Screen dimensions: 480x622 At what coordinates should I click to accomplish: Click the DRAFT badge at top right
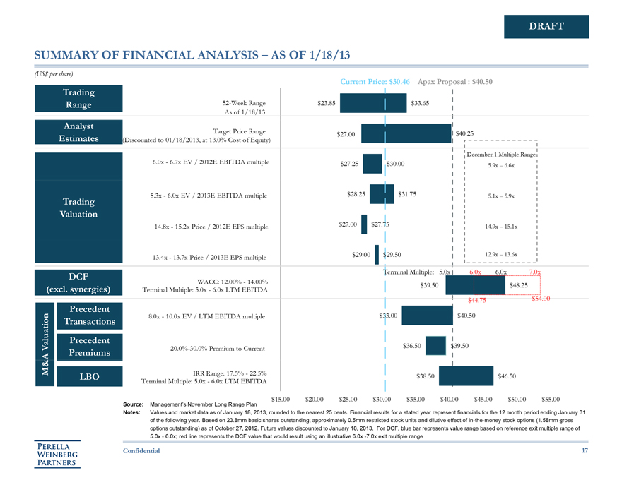click(x=546, y=26)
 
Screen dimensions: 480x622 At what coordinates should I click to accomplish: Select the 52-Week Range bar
click(x=375, y=103)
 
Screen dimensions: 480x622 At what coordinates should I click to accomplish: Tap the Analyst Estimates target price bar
click(x=406, y=133)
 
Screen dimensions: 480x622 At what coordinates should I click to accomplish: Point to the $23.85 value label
click(x=327, y=103)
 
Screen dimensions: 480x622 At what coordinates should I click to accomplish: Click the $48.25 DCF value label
click(x=518, y=284)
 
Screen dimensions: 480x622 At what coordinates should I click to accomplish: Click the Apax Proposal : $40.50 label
click(x=454, y=82)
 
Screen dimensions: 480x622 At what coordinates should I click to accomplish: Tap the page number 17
click(x=585, y=452)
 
